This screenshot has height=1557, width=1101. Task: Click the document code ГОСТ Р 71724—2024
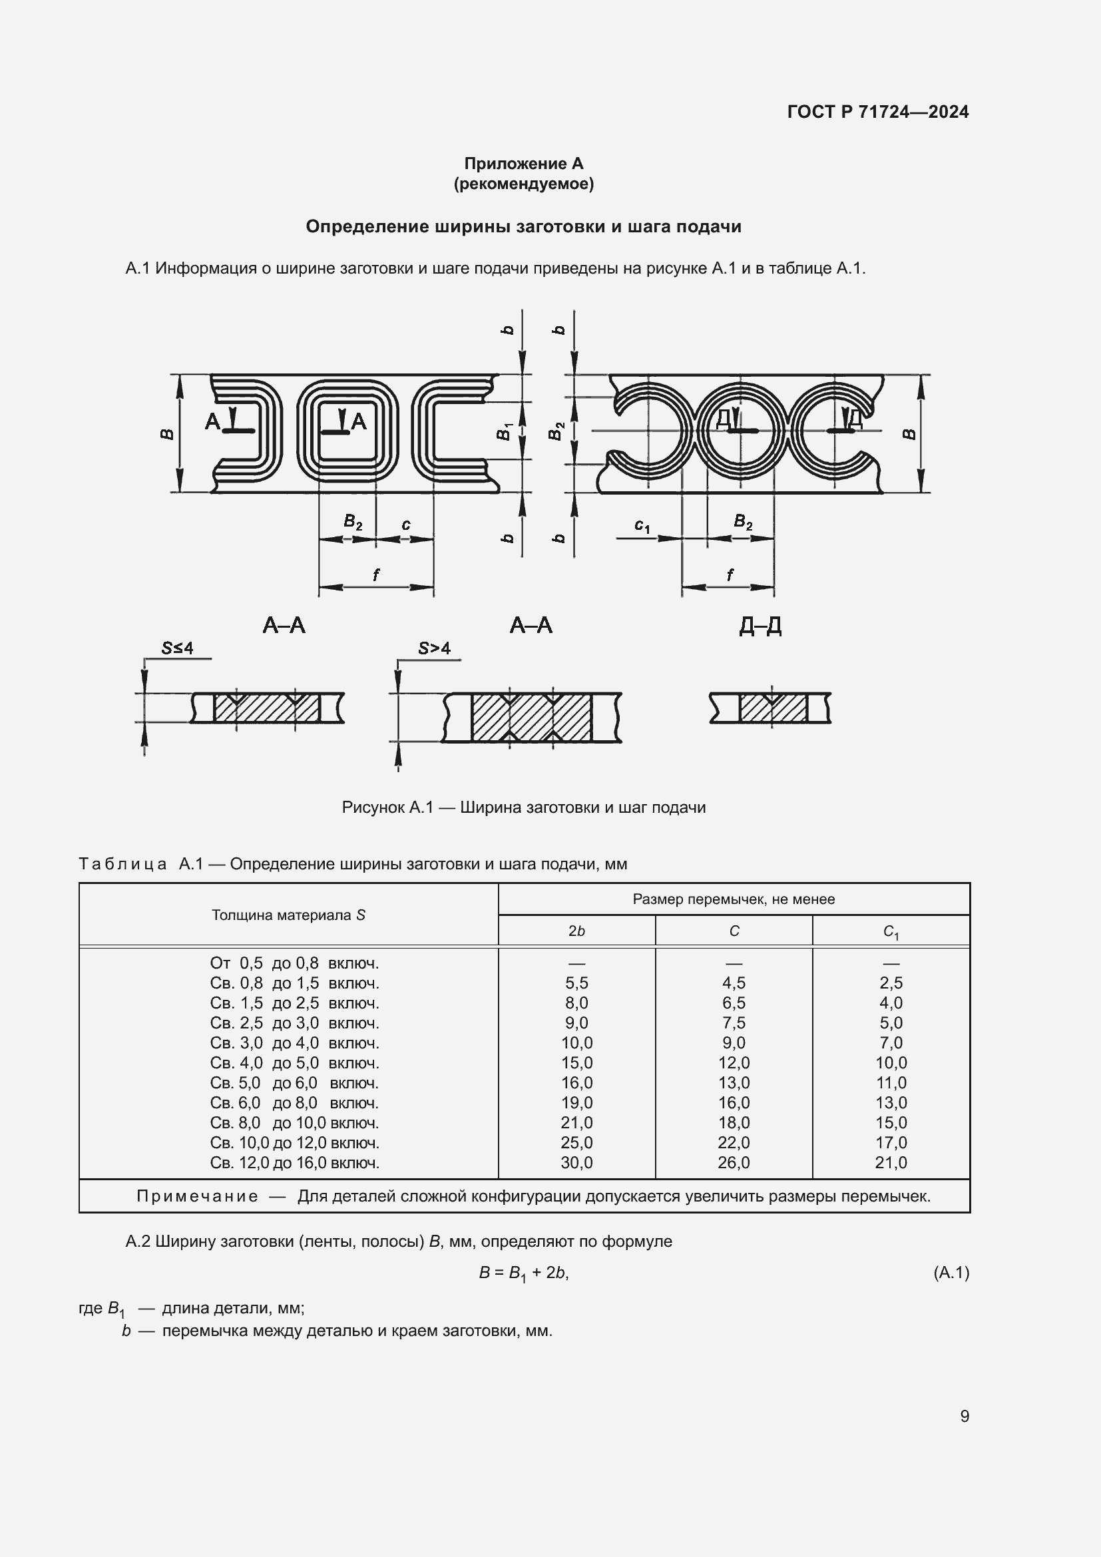point(877,112)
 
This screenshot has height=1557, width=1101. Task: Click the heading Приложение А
point(523,164)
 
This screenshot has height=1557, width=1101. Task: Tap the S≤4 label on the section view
point(177,648)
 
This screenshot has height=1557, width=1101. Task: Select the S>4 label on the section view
point(434,648)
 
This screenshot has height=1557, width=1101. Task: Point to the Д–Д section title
point(760,625)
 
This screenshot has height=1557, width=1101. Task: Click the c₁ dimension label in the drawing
point(641,526)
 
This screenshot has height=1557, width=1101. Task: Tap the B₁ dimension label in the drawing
point(504,431)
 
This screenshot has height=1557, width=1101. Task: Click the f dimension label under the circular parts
point(730,574)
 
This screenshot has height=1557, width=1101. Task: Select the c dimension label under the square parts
point(405,524)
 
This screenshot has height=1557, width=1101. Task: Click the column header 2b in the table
point(576,931)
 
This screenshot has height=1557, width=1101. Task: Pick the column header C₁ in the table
point(891,932)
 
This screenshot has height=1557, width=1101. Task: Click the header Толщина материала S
point(288,915)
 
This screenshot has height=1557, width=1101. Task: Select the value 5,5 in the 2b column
point(576,983)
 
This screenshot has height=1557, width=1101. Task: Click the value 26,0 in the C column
point(734,1162)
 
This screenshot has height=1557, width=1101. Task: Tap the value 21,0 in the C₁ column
point(891,1162)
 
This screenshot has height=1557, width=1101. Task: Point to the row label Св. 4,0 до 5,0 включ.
point(294,1062)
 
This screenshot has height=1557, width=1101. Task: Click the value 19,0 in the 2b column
point(576,1102)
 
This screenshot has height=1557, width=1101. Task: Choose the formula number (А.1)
point(951,1273)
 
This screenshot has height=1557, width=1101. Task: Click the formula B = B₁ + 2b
point(523,1273)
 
